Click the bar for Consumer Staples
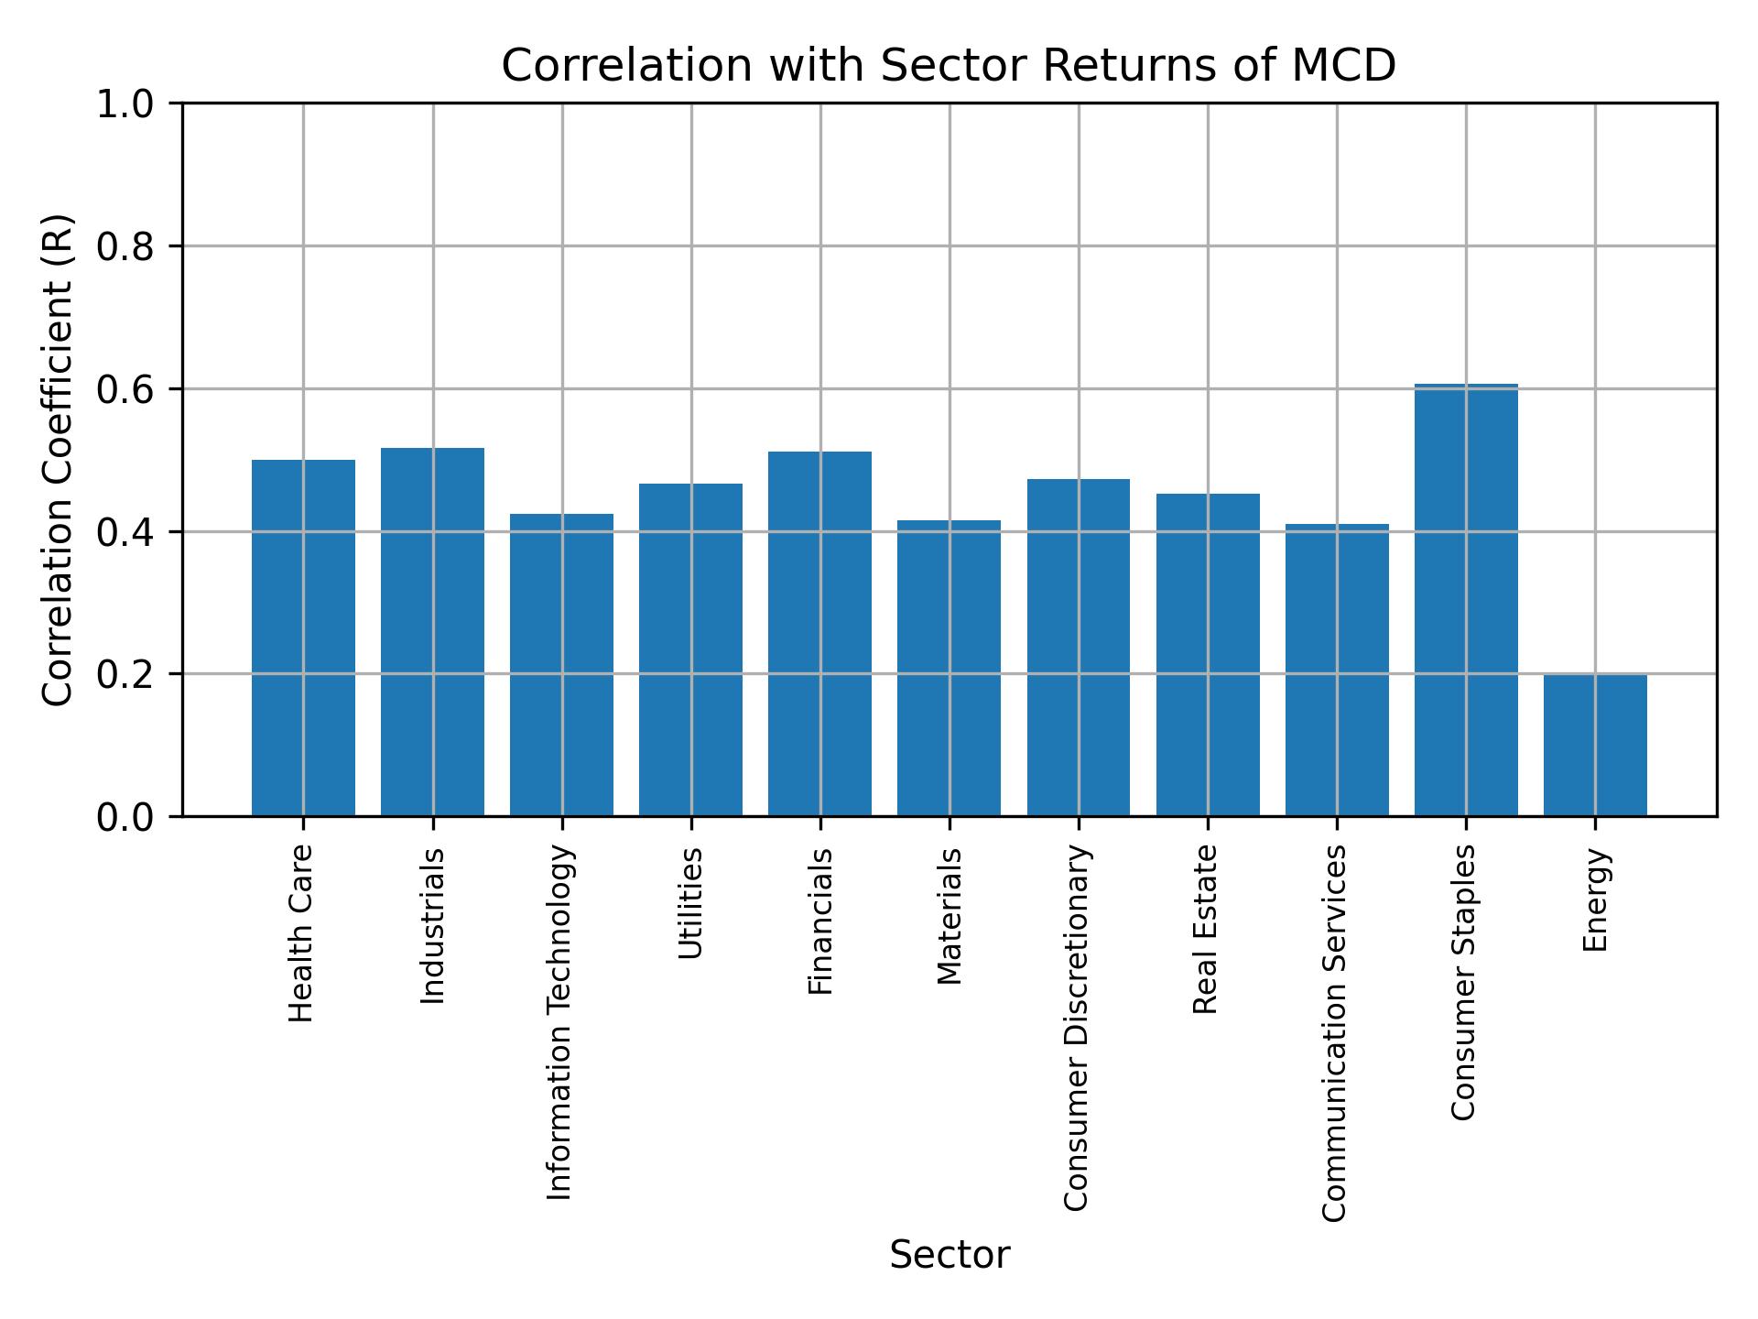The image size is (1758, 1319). (x=1465, y=600)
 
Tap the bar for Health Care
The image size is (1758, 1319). (x=303, y=638)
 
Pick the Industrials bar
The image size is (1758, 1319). (x=432, y=632)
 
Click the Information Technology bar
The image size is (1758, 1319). (x=561, y=665)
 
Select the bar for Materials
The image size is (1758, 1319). (x=949, y=668)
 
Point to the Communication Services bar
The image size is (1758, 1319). (x=1337, y=670)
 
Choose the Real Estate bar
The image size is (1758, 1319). (x=1208, y=655)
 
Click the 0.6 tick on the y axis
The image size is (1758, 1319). (x=126, y=389)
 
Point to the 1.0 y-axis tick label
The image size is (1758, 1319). (x=126, y=104)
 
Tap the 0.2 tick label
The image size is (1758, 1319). (x=126, y=674)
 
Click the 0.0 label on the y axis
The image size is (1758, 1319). (x=126, y=816)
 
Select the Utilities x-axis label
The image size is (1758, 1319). (x=691, y=903)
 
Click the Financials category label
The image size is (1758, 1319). (x=820, y=921)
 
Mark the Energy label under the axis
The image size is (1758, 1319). (x=1595, y=900)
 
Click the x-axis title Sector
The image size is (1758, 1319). (x=950, y=1256)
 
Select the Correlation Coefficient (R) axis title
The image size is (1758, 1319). (x=58, y=460)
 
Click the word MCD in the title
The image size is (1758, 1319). (x=1343, y=66)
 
